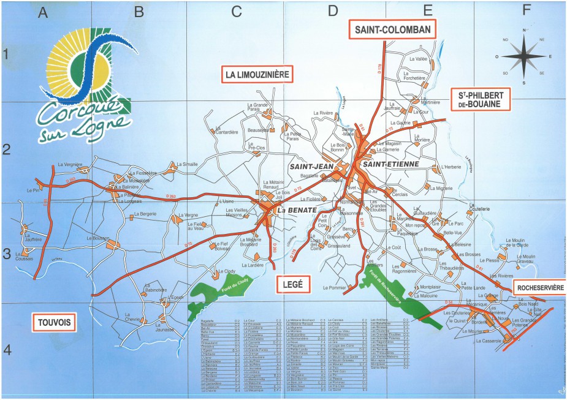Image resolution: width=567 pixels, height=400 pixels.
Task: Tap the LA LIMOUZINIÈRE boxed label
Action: pyautogui.click(x=256, y=75)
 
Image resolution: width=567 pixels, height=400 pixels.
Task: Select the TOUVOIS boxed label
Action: pyautogui.click(x=53, y=322)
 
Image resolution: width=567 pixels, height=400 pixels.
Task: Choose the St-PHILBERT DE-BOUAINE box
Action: pyautogui.click(x=480, y=100)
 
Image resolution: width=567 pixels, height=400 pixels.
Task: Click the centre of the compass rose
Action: pyautogui.click(x=524, y=56)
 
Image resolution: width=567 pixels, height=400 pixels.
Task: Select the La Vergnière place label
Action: pyautogui.click(x=69, y=164)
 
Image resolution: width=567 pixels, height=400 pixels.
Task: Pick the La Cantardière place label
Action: pyautogui.click(x=225, y=132)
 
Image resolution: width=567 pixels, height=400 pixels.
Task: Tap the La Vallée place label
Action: pyautogui.click(x=419, y=59)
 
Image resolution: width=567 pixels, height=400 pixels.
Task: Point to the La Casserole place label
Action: pyautogui.click(x=488, y=341)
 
